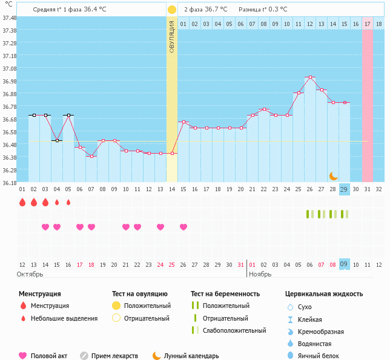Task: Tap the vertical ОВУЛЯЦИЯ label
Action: click(172, 36)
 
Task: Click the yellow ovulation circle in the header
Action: click(172, 10)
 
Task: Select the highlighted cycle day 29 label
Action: click(344, 189)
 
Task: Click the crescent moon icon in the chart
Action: click(334, 175)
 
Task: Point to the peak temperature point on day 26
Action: click(310, 77)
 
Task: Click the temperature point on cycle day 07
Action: click(91, 156)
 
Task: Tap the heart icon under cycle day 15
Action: click(183, 227)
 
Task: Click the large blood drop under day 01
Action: click(22, 202)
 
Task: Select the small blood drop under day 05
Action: click(68, 202)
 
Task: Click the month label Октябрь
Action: click(31, 274)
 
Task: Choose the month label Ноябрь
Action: click(261, 274)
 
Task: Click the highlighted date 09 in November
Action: click(344, 264)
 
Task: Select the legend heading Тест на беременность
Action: click(225, 293)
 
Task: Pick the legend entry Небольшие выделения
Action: click(64, 318)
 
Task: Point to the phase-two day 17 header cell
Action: click(368, 24)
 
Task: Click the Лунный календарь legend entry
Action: click(193, 356)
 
